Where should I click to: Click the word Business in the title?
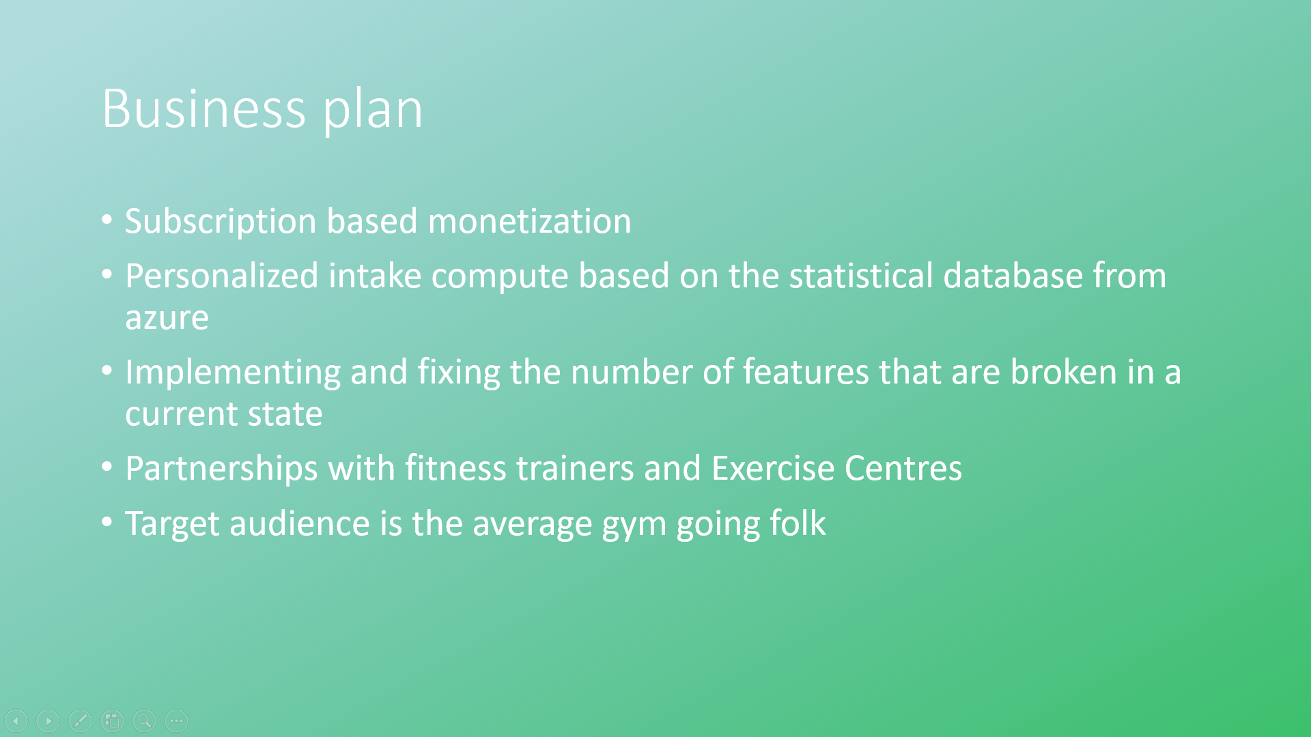[203, 109]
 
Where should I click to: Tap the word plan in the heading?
[373, 111]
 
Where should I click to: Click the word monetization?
[530, 222]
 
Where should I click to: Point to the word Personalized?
[222, 276]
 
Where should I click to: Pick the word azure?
[167, 319]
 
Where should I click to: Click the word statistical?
[861, 276]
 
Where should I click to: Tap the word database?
[1013, 276]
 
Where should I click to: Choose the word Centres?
[903, 468]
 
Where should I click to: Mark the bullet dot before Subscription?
[107, 220]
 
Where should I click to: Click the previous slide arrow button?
[16, 721]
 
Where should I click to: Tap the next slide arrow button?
[48, 721]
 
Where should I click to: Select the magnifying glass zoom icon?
[144, 721]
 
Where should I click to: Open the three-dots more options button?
[176, 721]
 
